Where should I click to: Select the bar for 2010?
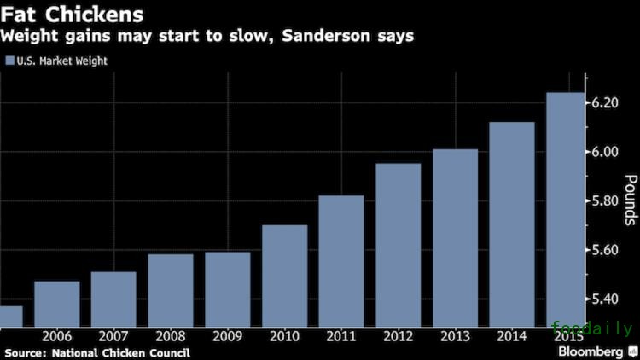click(x=284, y=275)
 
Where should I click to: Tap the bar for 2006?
click(x=56, y=303)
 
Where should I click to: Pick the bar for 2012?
click(x=399, y=244)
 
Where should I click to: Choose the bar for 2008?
click(x=171, y=289)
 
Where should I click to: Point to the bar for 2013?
click(x=455, y=237)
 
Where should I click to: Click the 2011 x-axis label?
click(x=341, y=335)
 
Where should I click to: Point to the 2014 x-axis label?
click(x=512, y=335)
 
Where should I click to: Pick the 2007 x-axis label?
click(x=113, y=335)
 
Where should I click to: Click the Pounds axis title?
click(x=631, y=200)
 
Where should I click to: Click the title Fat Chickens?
click(x=59, y=15)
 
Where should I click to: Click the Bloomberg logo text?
click(x=591, y=351)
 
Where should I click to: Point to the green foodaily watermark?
click(x=592, y=328)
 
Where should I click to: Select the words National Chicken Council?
click(x=120, y=352)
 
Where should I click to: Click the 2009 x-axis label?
click(x=227, y=335)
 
